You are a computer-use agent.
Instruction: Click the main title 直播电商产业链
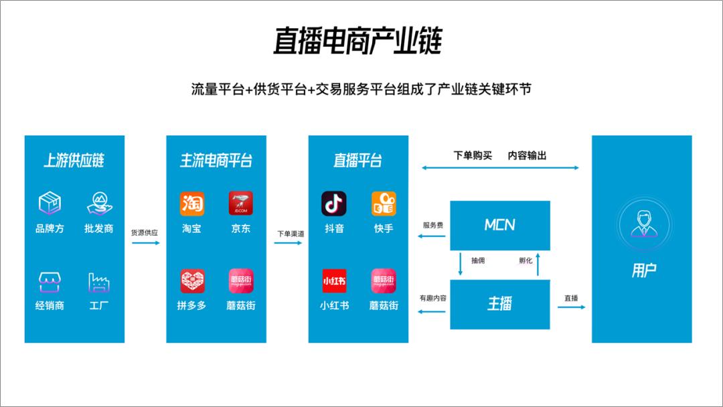pyautogui.click(x=357, y=42)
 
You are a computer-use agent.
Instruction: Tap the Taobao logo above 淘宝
pyautogui.click(x=192, y=203)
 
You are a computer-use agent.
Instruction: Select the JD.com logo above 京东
pyautogui.click(x=241, y=203)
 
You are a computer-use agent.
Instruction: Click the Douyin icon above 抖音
pyautogui.click(x=334, y=203)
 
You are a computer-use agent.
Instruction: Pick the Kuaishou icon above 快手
pyautogui.click(x=384, y=203)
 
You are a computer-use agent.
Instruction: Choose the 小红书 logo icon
pyautogui.click(x=334, y=280)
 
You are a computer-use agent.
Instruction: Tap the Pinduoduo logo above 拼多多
pyautogui.click(x=192, y=280)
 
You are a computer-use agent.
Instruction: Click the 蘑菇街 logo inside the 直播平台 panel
pyautogui.click(x=384, y=280)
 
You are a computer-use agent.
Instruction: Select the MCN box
pyautogui.click(x=500, y=225)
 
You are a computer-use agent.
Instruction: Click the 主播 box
pyautogui.click(x=500, y=303)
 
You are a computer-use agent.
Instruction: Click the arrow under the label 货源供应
pyautogui.click(x=145, y=243)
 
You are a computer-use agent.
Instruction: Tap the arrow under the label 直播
pyautogui.click(x=571, y=307)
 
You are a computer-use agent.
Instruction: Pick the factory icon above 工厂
pyautogui.click(x=98, y=282)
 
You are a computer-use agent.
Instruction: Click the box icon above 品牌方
pyautogui.click(x=50, y=203)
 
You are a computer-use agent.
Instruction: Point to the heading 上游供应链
pyautogui.click(x=74, y=161)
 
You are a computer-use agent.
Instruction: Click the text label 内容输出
pyautogui.click(x=528, y=155)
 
